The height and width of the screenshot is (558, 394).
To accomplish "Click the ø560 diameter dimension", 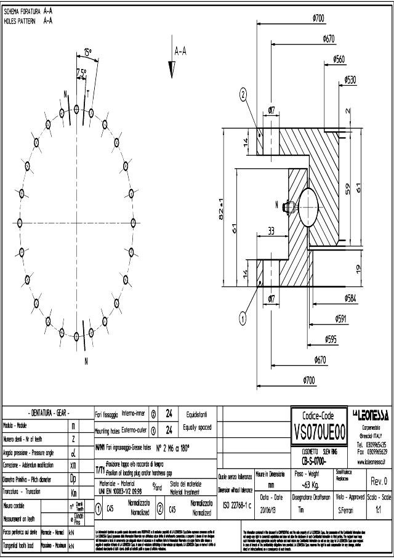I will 339,59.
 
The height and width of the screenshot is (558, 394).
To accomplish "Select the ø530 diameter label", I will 350,79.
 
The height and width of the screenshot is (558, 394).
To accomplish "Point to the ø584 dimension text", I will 351,298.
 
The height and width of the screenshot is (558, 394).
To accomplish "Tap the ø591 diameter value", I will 340,318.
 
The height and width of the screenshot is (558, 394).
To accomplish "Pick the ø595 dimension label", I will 331,339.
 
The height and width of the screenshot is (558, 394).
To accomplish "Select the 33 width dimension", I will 271,232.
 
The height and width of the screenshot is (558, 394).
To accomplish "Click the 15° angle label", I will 89,53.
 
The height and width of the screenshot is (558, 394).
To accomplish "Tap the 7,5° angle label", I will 81,72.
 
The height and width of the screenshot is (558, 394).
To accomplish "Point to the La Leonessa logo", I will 369,413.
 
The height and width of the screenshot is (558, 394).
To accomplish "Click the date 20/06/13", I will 271,509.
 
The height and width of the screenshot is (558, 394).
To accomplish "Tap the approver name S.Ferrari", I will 348,509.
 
